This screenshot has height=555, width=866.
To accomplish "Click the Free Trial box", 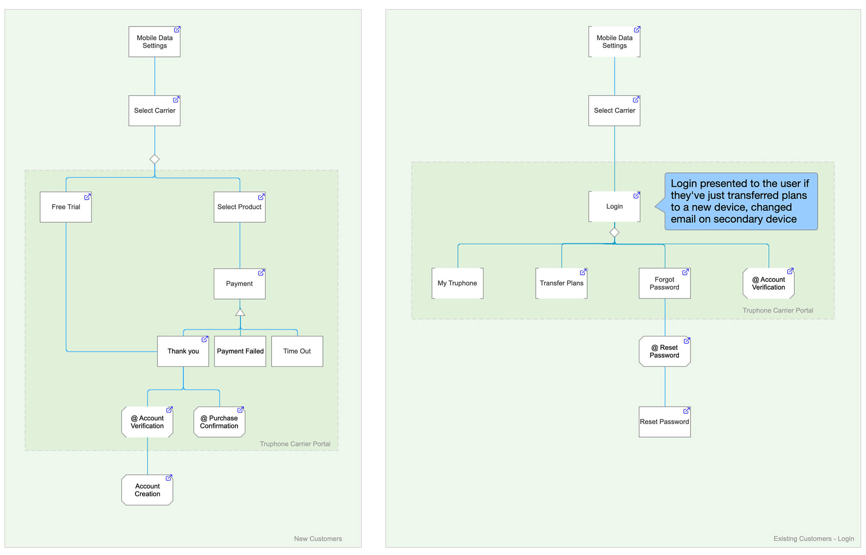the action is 66,207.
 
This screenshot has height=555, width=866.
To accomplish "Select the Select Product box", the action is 240,207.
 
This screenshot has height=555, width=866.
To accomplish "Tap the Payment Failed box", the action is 240,351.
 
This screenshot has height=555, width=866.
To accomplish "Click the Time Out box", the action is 297,351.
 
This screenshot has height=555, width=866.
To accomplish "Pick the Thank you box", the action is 183,351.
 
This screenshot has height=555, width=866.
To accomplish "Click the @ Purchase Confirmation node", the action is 219,422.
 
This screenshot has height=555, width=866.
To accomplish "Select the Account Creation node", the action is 147,490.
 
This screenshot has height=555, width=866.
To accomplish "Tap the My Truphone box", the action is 457,283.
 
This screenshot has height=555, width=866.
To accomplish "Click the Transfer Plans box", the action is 562,283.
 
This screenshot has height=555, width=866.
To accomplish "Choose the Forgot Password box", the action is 665,283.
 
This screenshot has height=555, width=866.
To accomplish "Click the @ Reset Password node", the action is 665,351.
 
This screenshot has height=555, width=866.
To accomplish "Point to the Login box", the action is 614,206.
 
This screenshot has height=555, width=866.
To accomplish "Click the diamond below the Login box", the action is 614,233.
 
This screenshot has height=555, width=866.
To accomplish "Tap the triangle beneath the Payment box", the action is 240,312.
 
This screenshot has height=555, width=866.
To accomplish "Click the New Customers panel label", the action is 318,539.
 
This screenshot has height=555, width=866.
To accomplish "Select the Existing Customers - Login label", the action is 814,539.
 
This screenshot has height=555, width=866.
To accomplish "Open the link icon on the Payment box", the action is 261,273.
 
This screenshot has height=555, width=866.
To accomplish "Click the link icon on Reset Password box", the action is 686,411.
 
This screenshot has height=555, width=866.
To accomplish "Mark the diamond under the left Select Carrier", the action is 155,159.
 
